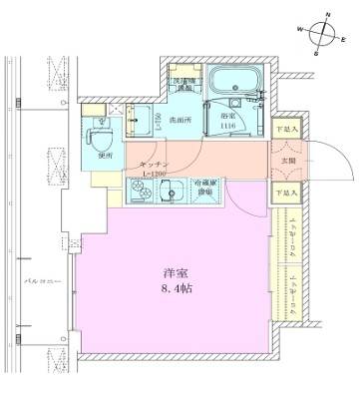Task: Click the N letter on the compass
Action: click(x=328, y=14)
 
